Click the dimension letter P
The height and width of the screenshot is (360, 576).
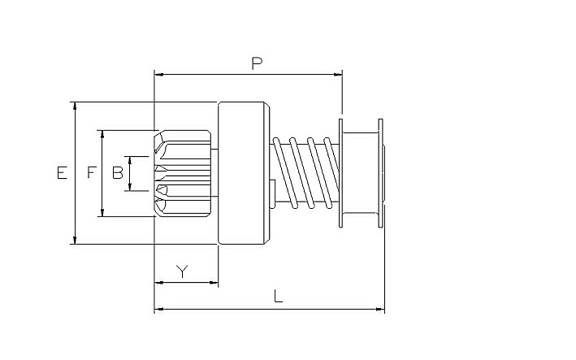[257, 63]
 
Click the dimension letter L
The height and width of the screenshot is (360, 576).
[279, 296]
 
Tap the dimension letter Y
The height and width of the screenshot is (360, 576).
[182, 271]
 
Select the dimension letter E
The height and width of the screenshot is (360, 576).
[62, 172]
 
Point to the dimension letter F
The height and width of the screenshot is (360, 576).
[92, 172]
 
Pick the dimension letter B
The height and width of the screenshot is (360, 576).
[118, 172]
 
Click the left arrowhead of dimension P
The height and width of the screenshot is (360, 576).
[159, 75]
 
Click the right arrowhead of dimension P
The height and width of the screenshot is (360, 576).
[338, 75]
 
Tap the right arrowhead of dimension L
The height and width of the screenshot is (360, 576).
[380, 310]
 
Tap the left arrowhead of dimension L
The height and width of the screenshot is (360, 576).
[159, 310]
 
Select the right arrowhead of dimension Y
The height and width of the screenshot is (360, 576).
[214, 283]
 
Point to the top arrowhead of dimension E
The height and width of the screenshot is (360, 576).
[75, 106]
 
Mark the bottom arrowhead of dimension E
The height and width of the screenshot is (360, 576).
[75, 240]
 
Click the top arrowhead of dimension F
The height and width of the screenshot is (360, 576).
[102, 135]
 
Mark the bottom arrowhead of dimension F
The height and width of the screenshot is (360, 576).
[102, 212]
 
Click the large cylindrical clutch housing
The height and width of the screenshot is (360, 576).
[244, 173]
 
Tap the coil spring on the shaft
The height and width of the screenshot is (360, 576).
[305, 172]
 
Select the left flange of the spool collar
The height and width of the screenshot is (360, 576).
[341, 173]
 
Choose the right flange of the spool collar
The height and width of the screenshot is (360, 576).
[380, 173]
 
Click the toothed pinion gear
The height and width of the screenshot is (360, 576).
[183, 173]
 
